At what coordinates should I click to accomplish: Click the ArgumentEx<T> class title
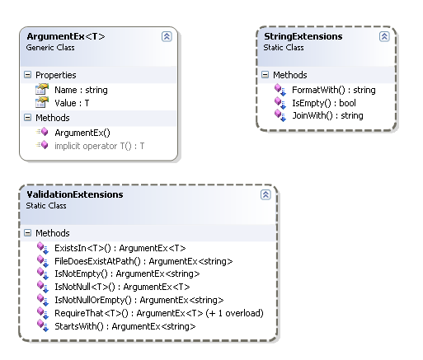tap(66, 36)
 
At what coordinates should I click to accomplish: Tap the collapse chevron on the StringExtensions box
tap(384, 36)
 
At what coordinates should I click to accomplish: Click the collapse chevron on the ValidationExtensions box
tap(266, 194)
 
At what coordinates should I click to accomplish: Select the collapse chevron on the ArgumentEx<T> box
tap(167, 36)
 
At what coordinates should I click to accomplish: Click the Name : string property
tap(81, 90)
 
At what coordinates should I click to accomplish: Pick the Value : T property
tap(72, 103)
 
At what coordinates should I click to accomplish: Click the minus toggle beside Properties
tap(27, 74)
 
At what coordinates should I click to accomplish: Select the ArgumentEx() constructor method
tap(82, 133)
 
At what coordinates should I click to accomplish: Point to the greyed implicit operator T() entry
tap(100, 146)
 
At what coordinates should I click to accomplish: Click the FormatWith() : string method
tap(334, 90)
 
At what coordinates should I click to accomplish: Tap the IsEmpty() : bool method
tap(324, 103)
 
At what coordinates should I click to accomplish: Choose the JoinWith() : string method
tap(327, 115)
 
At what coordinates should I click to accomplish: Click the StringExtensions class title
tap(303, 36)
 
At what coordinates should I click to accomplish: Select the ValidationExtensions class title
tap(75, 194)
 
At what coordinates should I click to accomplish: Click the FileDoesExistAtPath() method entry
tap(143, 261)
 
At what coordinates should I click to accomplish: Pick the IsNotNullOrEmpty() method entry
tap(139, 300)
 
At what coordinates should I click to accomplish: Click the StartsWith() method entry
tap(125, 326)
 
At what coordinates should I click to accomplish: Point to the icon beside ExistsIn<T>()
tap(43, 248)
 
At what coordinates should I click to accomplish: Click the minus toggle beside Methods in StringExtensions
tap(265, 74)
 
